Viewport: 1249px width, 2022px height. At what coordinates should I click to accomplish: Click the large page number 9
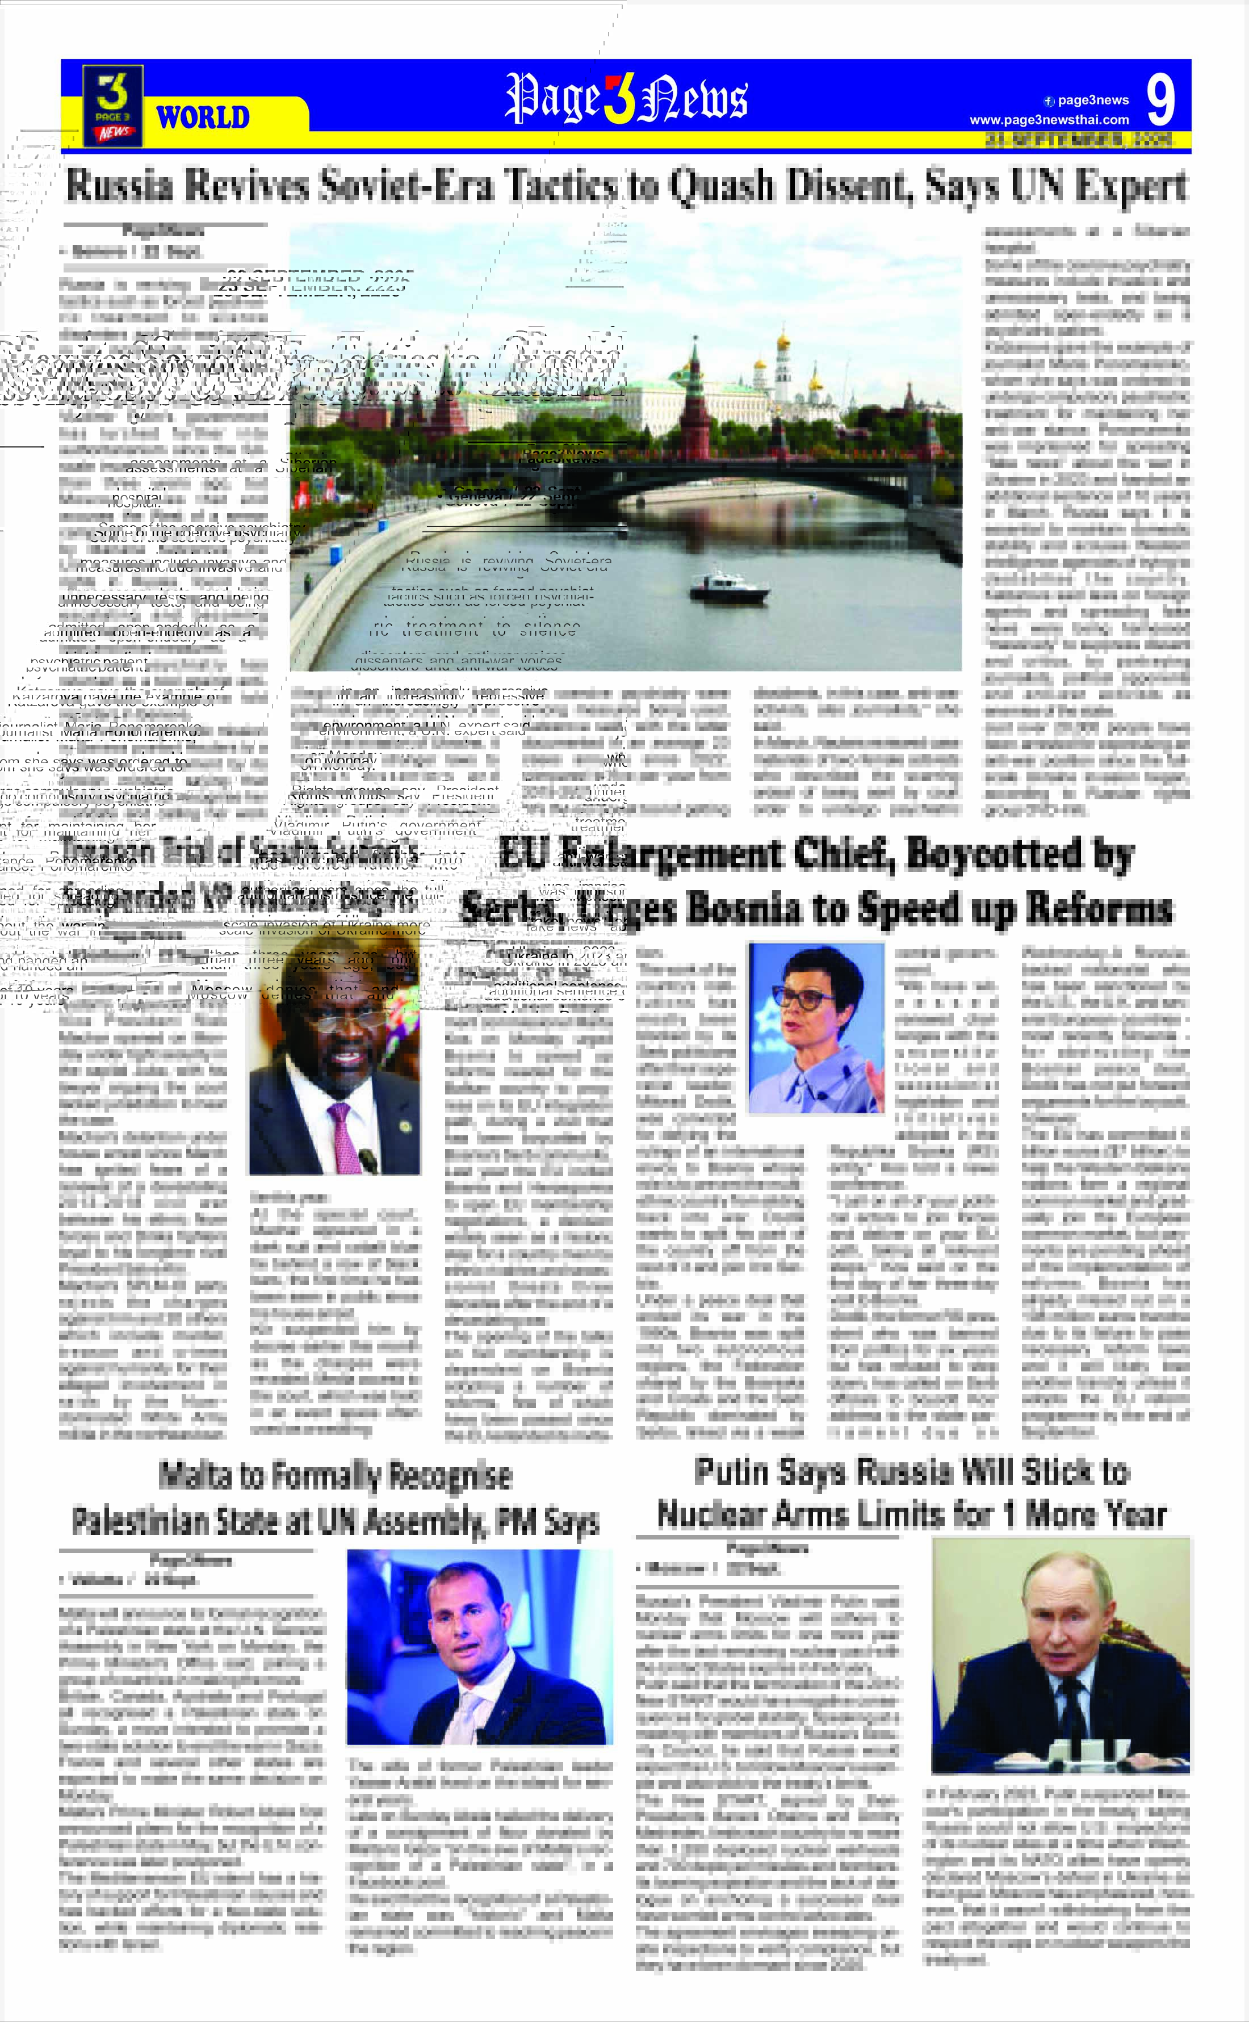click(1160, 100)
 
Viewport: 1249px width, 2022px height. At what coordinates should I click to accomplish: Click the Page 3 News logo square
click(113, 106)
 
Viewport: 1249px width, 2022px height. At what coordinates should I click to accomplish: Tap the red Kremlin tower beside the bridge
click(694, 413)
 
